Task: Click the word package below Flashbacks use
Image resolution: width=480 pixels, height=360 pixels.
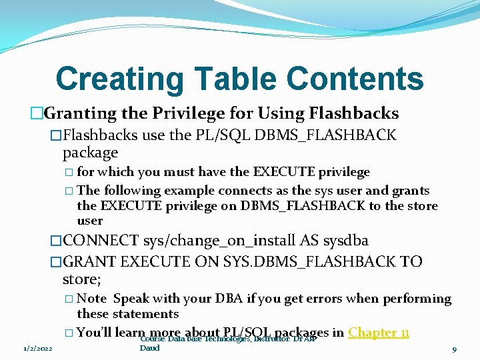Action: [90, 153]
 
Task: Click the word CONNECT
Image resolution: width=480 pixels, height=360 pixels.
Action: [100, 240]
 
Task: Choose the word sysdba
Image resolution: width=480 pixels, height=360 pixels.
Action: [341, 240]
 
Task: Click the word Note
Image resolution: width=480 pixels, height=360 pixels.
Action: [92, 299]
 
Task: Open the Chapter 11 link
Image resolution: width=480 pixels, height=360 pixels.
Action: [379, 332]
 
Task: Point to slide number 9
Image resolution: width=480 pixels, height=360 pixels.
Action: [453, 348]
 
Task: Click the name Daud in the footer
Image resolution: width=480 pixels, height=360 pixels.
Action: [150, 348]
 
